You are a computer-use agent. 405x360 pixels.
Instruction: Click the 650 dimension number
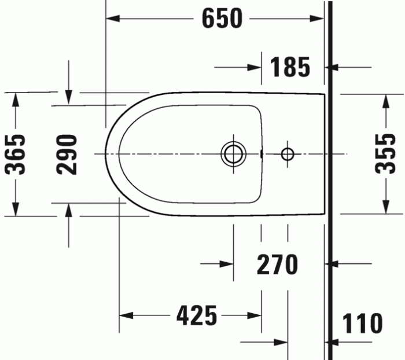(222, 19)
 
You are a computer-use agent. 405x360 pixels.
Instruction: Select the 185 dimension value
(290, 68)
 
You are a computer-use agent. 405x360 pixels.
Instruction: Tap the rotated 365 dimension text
(16, 154)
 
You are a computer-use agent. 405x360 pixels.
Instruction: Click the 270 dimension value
(277, 265)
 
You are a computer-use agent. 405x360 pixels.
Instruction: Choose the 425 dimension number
(197, 316)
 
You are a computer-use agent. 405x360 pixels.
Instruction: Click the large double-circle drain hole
(233, 154)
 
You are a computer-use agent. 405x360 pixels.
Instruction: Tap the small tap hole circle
(288, 154)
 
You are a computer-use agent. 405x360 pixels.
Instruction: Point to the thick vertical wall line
(328, 174)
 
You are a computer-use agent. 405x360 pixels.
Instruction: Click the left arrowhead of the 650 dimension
(113, 19)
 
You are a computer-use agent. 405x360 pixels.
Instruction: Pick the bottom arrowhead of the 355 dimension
(385, 205)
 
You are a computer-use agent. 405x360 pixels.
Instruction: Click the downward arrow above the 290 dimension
(69, 97)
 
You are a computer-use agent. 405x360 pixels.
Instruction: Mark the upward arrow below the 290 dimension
(69, 211)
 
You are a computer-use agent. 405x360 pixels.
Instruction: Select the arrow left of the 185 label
(255, 68)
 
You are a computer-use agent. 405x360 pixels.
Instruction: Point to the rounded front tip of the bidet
(107, 154)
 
